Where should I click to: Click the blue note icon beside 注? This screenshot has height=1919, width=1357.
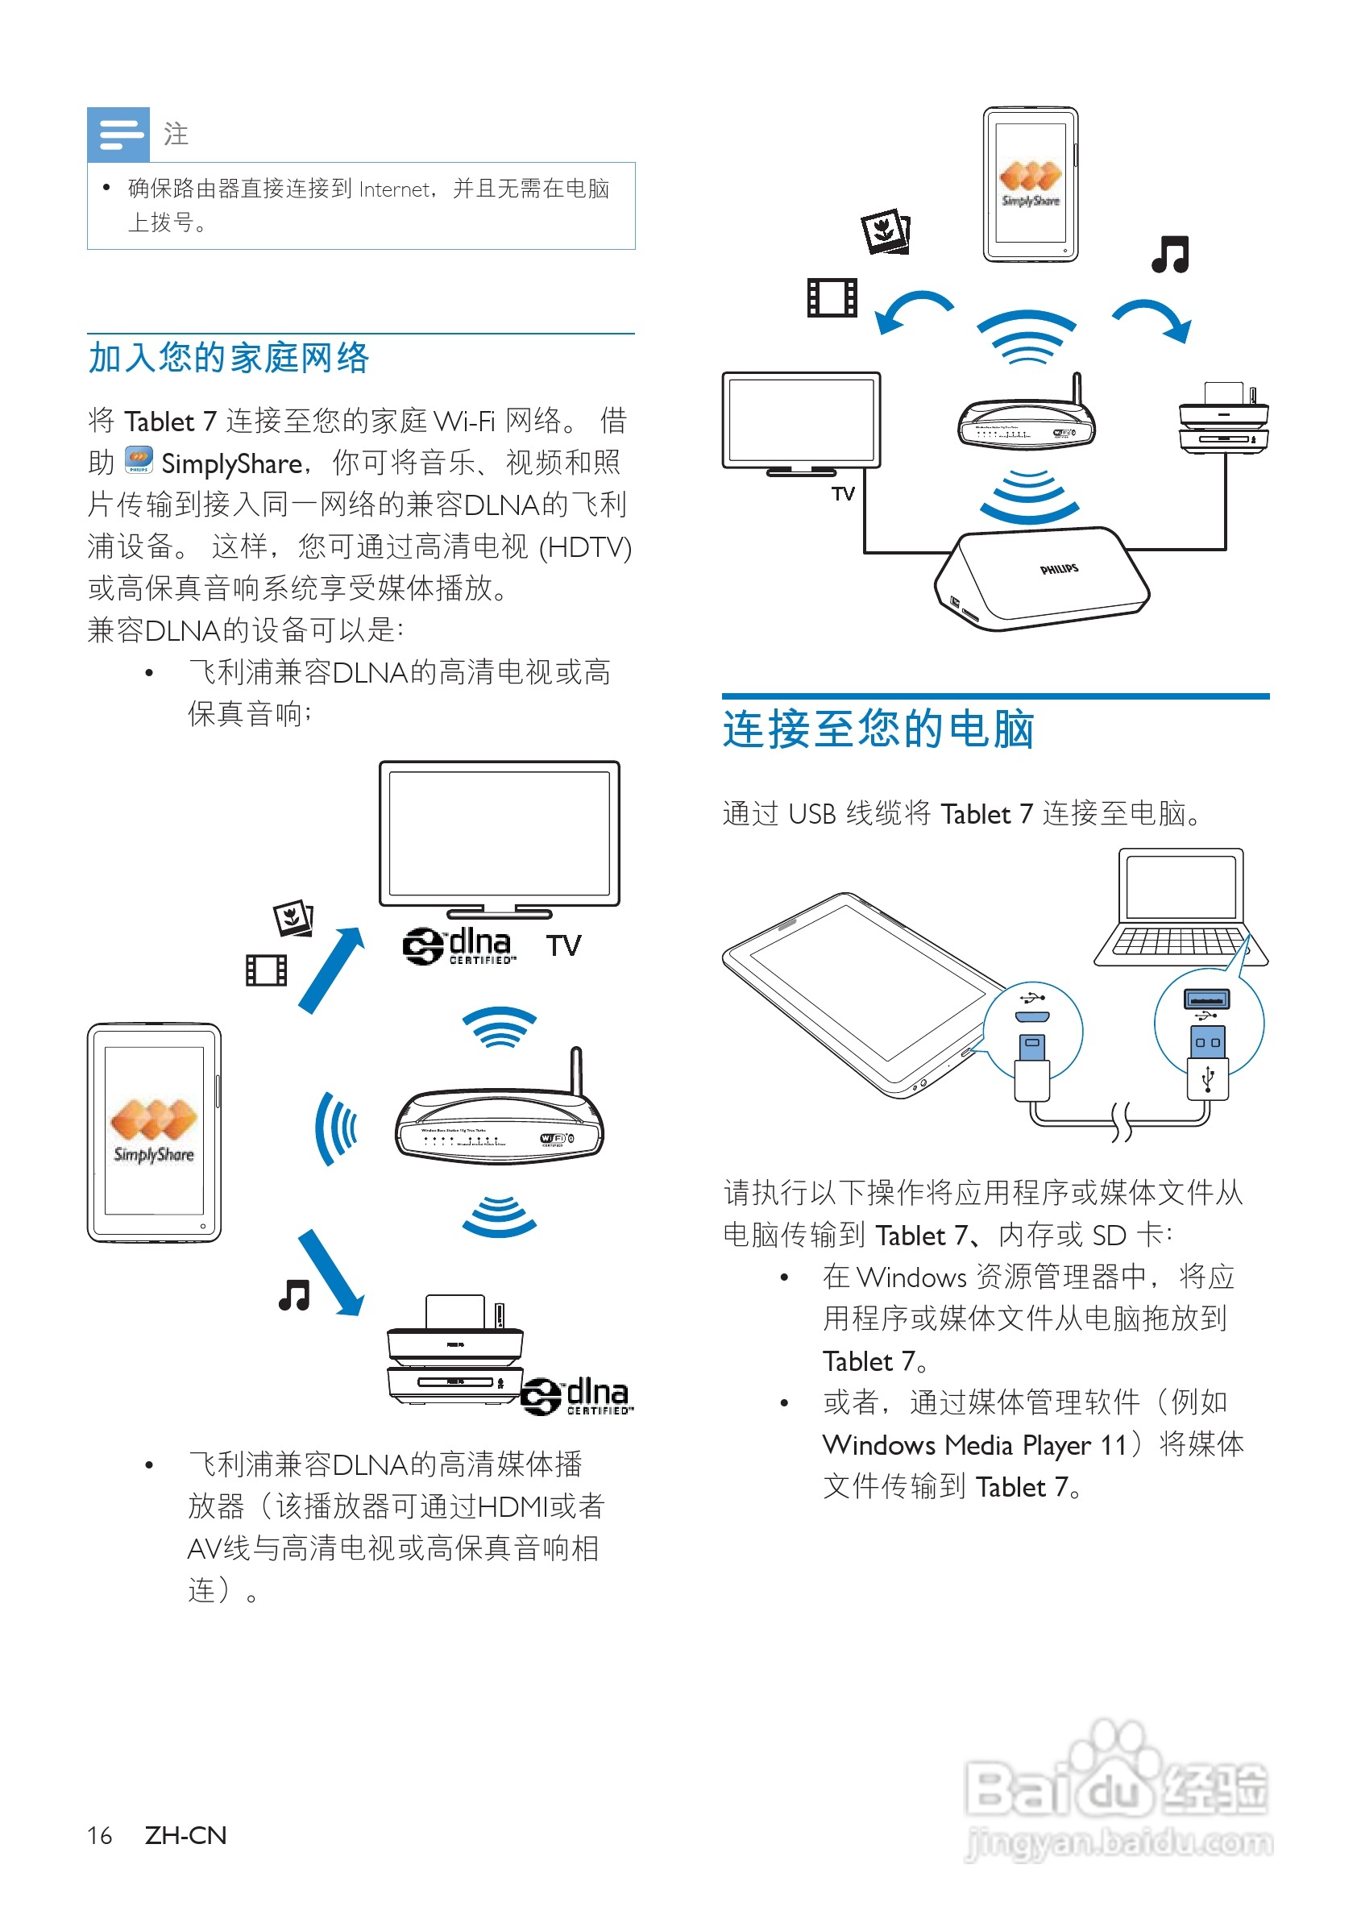click(x=118, y=134)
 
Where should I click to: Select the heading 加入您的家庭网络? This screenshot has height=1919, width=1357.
click(x=229, y=358)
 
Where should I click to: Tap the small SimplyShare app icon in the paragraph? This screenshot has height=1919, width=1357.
click(x=139, y=459)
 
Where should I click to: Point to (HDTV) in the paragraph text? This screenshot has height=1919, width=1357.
click(x=585, y=547)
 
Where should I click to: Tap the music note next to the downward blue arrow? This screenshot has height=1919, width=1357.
click(x=294, y=1294)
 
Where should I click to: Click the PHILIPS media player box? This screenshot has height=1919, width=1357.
click(x=1043, y=579)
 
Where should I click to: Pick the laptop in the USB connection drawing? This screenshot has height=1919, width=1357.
click(x=1180, y=908)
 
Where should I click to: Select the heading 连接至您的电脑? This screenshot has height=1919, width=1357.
click(x=878, y=729)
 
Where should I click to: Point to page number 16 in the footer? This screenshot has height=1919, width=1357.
click(x=99, y=1835)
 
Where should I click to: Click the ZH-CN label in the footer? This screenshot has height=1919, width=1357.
click(x=185, y=1835)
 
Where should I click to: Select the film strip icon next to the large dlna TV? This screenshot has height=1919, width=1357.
click(x=267, y=970)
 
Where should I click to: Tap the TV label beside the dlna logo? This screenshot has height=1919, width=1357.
click(x=563, y=946)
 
